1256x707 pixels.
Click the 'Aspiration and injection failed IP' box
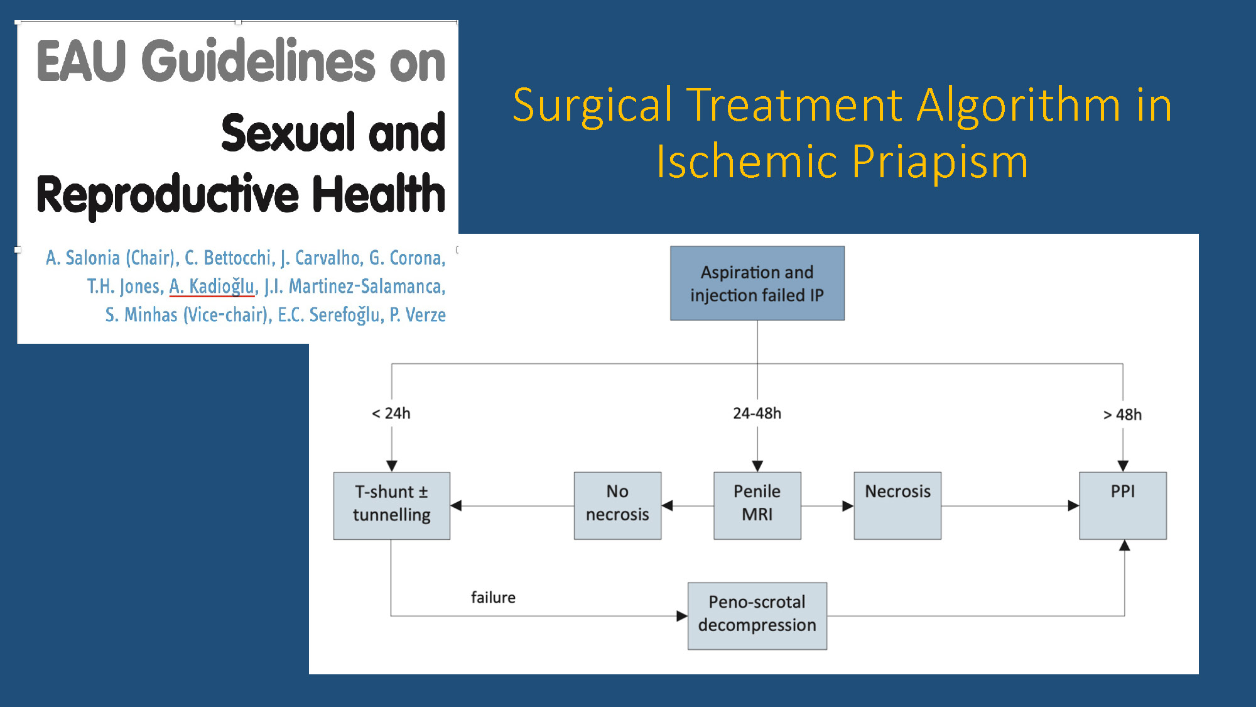(757, 283)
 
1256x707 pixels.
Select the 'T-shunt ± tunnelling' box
(392, 506)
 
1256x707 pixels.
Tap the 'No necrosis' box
(617, 506)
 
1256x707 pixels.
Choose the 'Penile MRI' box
(757, 506)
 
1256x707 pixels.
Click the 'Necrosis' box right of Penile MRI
(897, 506)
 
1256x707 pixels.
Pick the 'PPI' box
(1123, 506)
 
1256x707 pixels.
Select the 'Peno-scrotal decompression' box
(757, 616)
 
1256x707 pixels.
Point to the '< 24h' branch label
(391, 414)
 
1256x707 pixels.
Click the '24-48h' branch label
(757, 414)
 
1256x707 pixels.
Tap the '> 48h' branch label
(1123, 415)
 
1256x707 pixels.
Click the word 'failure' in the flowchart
(493, 597)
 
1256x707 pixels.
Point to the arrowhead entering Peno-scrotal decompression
(682, 616)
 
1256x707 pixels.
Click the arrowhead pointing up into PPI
(1125, 545)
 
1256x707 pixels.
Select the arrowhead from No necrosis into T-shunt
(456, 506)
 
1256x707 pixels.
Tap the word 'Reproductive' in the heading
(168, 195)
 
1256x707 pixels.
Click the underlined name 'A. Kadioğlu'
(212, 286)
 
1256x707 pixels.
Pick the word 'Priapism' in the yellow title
(940, 162)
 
